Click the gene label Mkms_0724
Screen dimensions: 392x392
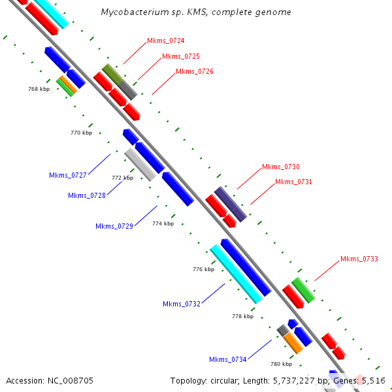pos(165,41)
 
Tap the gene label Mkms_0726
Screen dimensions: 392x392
pos(195,71)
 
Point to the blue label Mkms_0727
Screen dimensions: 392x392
pos(68,175)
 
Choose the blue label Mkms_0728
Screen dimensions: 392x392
pos(87,195)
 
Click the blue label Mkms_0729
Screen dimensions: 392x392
pos(114,226)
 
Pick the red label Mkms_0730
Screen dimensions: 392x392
pos(281,167)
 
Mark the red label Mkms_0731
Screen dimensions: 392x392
pos(294,182)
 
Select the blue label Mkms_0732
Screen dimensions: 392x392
pos(182,304)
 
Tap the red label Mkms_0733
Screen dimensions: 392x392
pos(359,259)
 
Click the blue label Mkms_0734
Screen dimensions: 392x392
pos(228,359)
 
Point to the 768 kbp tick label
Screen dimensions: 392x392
pos(39,89)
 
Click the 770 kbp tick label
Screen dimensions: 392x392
pos(81,133)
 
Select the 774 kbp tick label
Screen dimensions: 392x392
pos(163,223)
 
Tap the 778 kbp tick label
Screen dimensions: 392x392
pos(243,316)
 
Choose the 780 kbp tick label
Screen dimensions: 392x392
pos(281,364)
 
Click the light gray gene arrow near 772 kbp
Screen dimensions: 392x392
pos(140,164)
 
